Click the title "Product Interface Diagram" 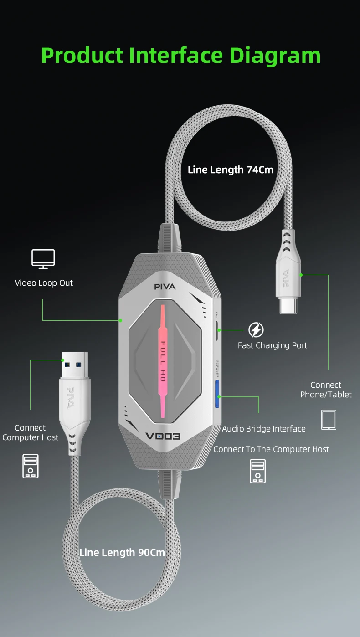(x=181, y=56)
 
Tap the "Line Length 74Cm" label (x=231, y=170)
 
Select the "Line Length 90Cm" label (x=122, y=553)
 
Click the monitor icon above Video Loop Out (x=43, y=259)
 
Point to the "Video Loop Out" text (x=44, y=283)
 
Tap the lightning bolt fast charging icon (x=256, y=330)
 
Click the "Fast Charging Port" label (x=273, y=345)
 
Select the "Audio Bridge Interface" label (x=264, y=429)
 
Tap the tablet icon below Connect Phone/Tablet (x=329, y=420)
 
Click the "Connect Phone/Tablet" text (x=326, y=390)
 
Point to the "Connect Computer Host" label (x=30, y=433)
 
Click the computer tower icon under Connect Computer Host (x=31, y=466)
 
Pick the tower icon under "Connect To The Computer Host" (x=258, y=471)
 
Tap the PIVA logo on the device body (x=165, y=287)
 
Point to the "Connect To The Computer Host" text (x=271, y=449)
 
